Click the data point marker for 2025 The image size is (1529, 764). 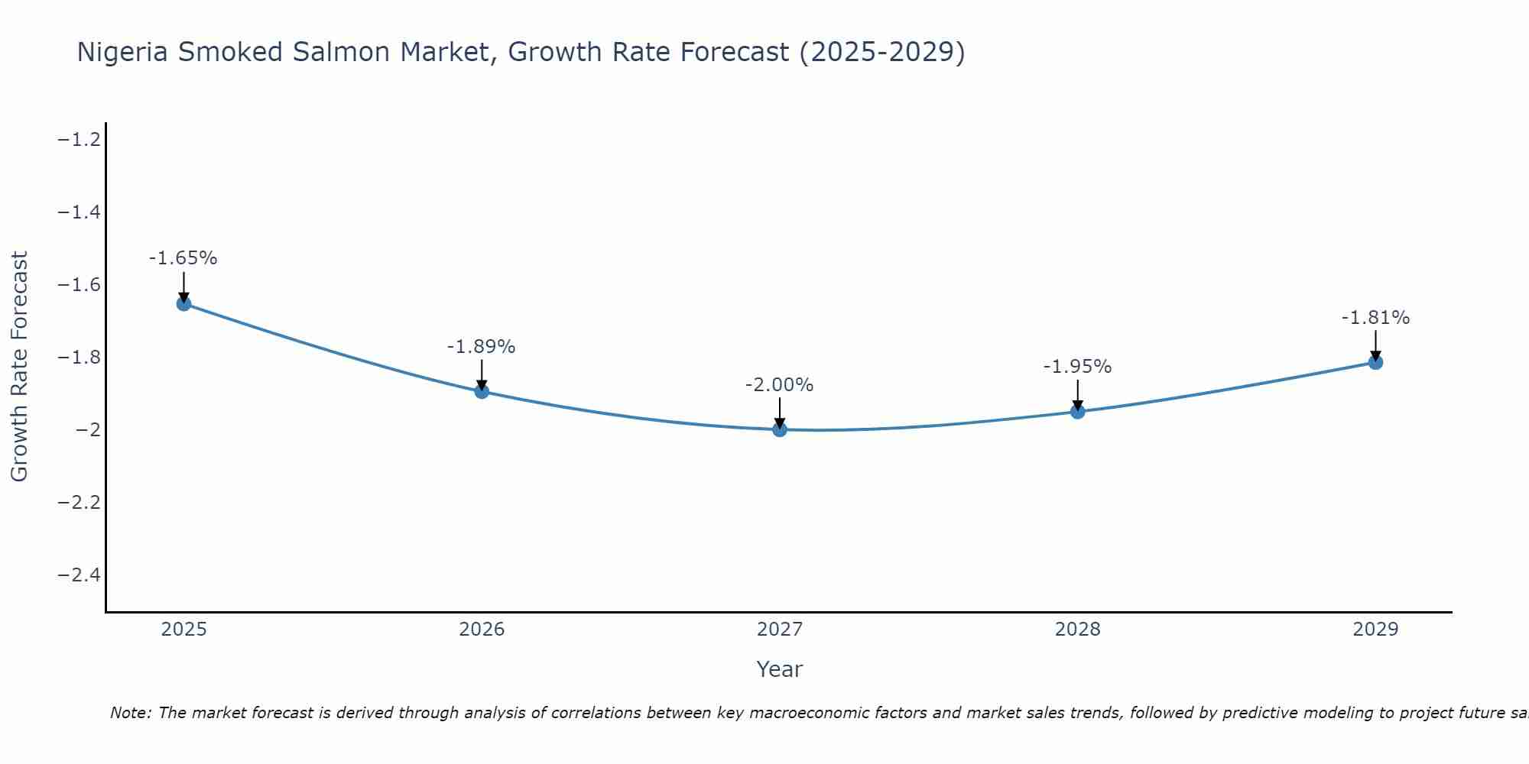[x=183, y=303]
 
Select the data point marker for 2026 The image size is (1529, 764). [x=482, y=391]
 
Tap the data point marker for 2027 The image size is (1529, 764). [x=780, y=429]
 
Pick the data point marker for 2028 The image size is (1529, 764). [x=1078, y=412]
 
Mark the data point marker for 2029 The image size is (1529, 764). [x=1375, y=362]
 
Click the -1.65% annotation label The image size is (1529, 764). [x=183, y=258]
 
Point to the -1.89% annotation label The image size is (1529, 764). [x=482, y=347]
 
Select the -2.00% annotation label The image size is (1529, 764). [x=780, y=385]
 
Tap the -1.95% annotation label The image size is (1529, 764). [x=1078, y=367]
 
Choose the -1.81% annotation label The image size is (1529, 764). [x=1375, y=318]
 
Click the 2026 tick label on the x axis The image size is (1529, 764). [x=482, y=630]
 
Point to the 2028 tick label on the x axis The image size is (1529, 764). [x=1078, y=630]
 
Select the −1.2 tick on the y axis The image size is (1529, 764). [x=80, y=139]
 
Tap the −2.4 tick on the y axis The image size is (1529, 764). [x=80, y=575]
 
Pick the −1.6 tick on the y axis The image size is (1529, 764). [x=80, y=285]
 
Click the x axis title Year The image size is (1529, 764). [x=780, y=669]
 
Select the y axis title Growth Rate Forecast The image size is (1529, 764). [x=19, y=367]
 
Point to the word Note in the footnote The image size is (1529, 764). [x=130, y=713]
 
